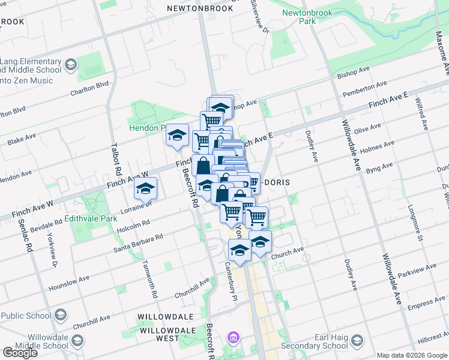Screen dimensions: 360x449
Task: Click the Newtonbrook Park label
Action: (x=298, y=16)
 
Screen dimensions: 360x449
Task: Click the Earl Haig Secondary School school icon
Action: (x=357, y=341)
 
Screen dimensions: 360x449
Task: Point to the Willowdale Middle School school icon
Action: (x=77, y=341)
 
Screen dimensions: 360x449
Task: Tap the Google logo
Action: (x=20, y=353)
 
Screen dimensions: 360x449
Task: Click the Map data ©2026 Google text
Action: (x=412, y=355)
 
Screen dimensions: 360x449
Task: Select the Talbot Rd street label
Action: (x=118, y=158)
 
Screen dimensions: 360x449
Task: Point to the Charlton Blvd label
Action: (x=90, y=89)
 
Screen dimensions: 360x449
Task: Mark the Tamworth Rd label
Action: (x=149, y=279)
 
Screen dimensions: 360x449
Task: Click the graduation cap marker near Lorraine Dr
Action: (x=145, y=188)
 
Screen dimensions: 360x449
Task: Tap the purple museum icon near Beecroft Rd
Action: (x=232, y=339)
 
